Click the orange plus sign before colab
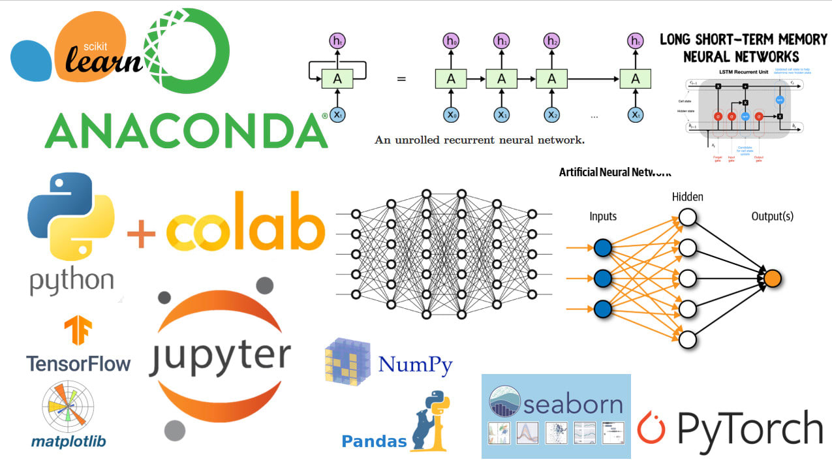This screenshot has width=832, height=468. [x=142, y=233]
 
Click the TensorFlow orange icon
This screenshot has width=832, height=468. [x=78, y=331]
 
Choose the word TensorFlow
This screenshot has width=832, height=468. [x=78, y=364]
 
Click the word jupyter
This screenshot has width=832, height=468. [x=219, y=357]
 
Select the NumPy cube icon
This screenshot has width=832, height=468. [x=347, y=360]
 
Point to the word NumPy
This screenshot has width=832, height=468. [x=415, y=364]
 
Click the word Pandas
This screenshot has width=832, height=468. [x=374, y=441]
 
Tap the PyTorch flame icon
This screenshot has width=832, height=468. [x=651, y=428]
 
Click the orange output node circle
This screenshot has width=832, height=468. [x=773, y=278]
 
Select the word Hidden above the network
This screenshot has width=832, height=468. [x=688, y=196]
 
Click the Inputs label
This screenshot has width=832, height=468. [x=603, y=216]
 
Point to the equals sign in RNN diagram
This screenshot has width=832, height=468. [x=401, y=79]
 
